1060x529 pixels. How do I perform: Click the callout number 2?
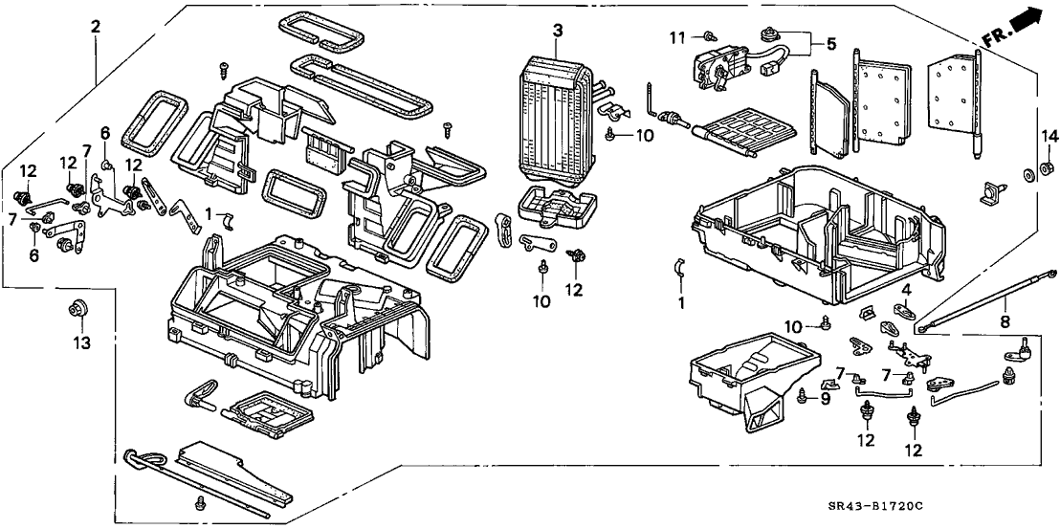(95, 28)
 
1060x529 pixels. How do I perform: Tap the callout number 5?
(830, 43)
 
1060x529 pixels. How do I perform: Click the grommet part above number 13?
(77, 308)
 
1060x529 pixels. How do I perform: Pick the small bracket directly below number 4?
(903, 309)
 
